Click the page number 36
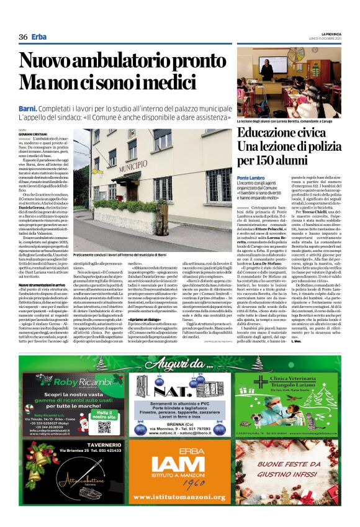[24, 37]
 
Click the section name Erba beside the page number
[39, 37]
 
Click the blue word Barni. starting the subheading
[28, 109]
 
